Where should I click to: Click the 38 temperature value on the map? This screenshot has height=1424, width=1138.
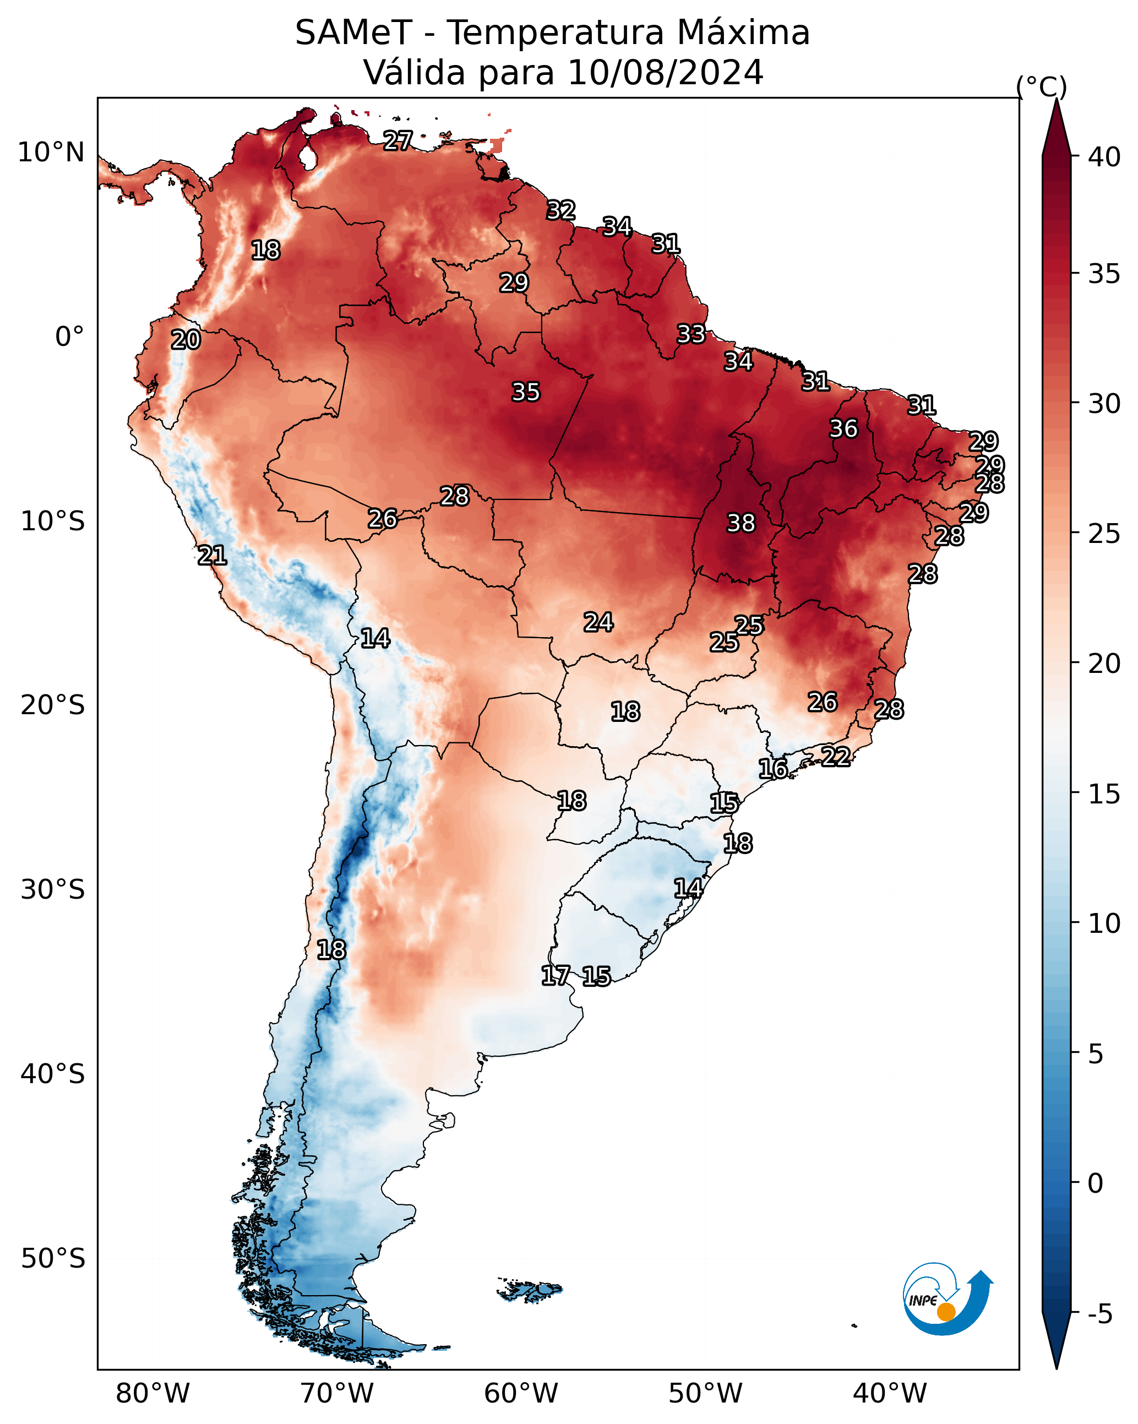pyautogui.click(x=740, y=523)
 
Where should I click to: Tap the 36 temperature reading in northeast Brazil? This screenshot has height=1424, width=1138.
pyautogui.click(x=843, y=428)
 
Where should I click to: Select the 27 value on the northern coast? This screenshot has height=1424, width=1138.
pyautogui.click(x=398, y=140)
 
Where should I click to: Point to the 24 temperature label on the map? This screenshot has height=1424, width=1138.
pyautogui.click(x=598, y=622)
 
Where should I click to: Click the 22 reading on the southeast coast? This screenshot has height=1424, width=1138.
pyautogui.click(x=836, y=756)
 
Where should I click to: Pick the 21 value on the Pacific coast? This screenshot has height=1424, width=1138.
pyautogui.click(x=212, y=555)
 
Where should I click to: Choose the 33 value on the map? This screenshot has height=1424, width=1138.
pyautogui.click(x=691, y=334)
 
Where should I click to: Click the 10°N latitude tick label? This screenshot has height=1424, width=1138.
pyautogui.click(x=51, y=153)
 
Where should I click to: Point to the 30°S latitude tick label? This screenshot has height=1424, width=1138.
pyautogui.click(x=53, y=890)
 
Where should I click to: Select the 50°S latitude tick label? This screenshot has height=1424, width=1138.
pyautogui.click(x=53, y=1258)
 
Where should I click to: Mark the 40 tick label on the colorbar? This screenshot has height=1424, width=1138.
pyautogui.click(x=1104, y=157)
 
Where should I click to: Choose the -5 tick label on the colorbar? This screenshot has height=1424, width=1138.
pyautogui.click(x=1101, y=1314)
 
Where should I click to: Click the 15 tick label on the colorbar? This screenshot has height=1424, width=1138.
pyautogui.click(x=1104, y=794)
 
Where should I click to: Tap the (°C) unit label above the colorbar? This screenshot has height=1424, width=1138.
pyautogui.click(x=1042, y=87)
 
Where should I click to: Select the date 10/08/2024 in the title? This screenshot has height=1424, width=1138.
pyautogui.click(x=665, y=72)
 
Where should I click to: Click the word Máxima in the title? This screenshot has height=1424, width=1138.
pyautogui.click(x=742, y=32)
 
